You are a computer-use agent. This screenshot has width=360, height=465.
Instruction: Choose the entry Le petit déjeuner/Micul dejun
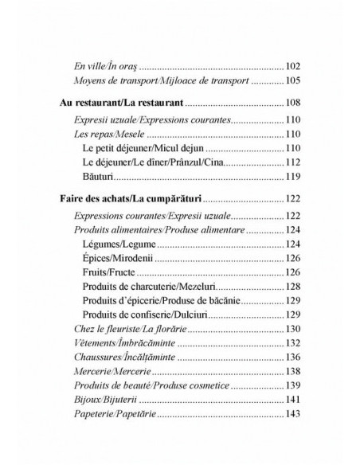[x=131, y=150]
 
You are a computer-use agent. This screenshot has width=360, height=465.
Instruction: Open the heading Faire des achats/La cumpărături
[x=132, y=201]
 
